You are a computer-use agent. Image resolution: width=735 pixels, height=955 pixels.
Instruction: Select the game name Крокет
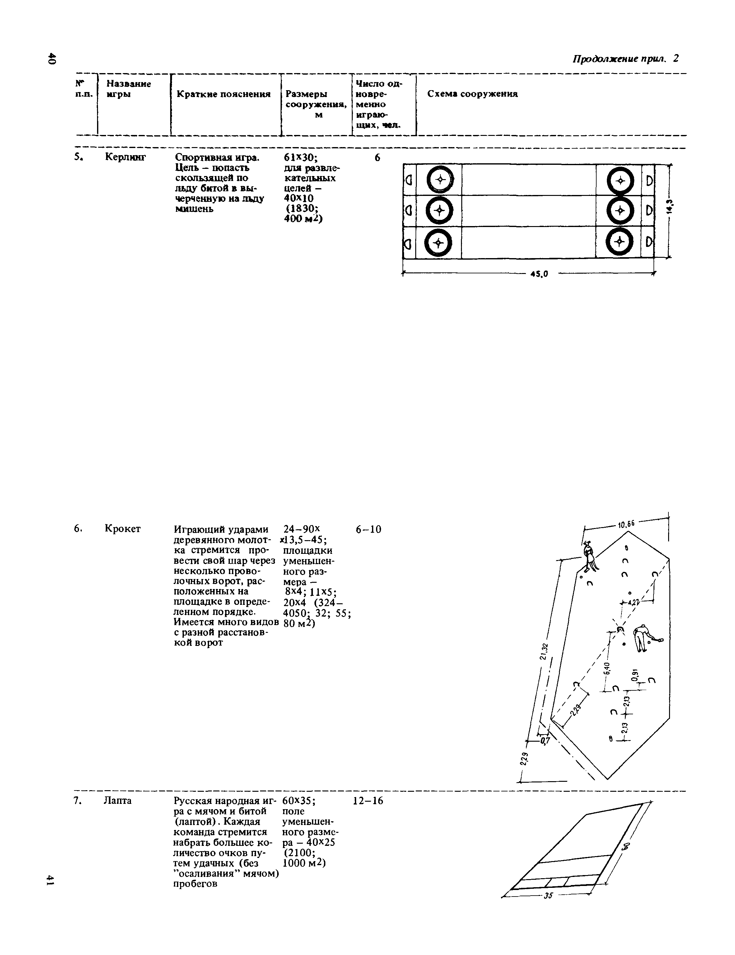coord(123,529)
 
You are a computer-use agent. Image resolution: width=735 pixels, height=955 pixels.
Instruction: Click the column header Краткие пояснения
coord(223,94)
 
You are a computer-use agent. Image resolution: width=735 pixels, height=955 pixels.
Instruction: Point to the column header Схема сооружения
coord(472,94)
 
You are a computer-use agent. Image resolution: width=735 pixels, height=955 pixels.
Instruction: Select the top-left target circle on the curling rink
coord(440,180)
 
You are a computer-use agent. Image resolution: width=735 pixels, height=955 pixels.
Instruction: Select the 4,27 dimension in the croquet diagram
coord(633,602)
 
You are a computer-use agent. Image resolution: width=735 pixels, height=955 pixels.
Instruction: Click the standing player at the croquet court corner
coord(589,556)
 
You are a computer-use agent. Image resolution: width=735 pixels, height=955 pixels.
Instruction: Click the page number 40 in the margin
coord(52,59)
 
